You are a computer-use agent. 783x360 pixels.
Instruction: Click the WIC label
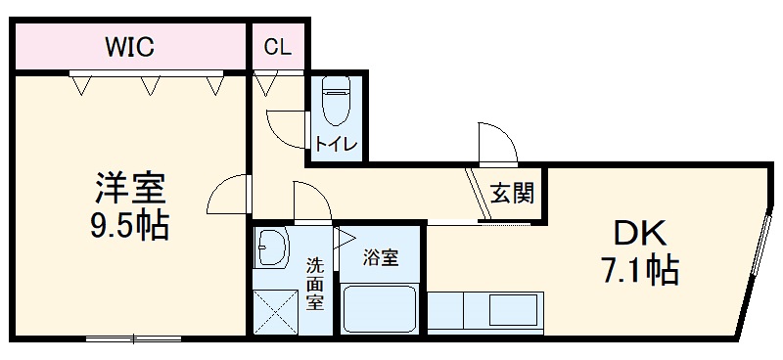point(129,46)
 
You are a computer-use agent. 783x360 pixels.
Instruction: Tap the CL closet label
point(277,47)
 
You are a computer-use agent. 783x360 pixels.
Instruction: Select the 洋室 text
point(129,187)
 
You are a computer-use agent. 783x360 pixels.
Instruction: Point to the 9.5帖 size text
point(129,227)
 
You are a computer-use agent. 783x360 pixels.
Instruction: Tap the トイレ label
point(337,145)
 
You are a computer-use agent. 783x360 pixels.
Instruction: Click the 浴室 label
point(380,257)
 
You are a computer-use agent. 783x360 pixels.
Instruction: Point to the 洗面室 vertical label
point(314,283)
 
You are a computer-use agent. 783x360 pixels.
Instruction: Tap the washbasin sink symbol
point(272,248)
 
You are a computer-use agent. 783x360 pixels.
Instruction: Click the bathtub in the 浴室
point(380,310)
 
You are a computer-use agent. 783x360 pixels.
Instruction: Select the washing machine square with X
point(272,311)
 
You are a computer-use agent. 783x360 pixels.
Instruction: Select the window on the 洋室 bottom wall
point(134,339)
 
